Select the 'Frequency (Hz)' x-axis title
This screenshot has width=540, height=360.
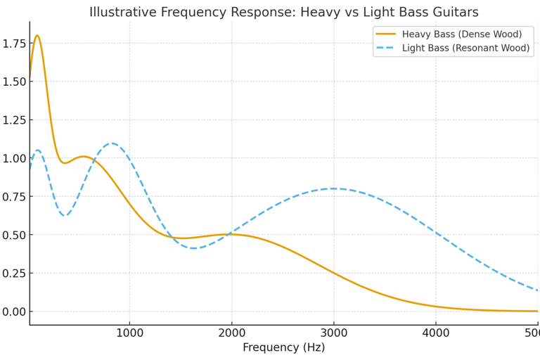pyautogui.click(x=283, y=347)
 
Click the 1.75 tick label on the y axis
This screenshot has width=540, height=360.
pyautogui.click(x=15, y=44)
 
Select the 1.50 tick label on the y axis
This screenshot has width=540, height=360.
pyautogui.click(x=15, y=82)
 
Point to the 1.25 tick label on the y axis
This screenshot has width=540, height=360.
pyautogui.click(x=15, y=120)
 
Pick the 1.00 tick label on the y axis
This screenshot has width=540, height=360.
pyautogui.click(x=15, y=158)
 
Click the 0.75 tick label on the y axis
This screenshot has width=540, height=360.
pyautogui.click(x=15, y=197)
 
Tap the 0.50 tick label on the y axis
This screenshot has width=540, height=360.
pyautogui.click(x=15, y=235)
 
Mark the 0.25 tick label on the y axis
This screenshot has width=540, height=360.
pyautogui.click(x=15, y=274)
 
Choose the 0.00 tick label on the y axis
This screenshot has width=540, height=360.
pyautogui.click(x=15, y=311)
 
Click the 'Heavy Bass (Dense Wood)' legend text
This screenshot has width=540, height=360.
pyautogui.click(x=462, y=34)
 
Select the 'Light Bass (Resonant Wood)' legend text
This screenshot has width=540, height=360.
pyautogui.click(x=465, y=49)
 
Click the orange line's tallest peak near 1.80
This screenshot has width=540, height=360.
pyautogui.click(x=37, y=36)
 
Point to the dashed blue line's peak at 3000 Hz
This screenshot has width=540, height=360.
pyautogui.click(x=334, y=188)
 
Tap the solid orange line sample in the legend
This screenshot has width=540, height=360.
pyautogui.click(x=385, y=34)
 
